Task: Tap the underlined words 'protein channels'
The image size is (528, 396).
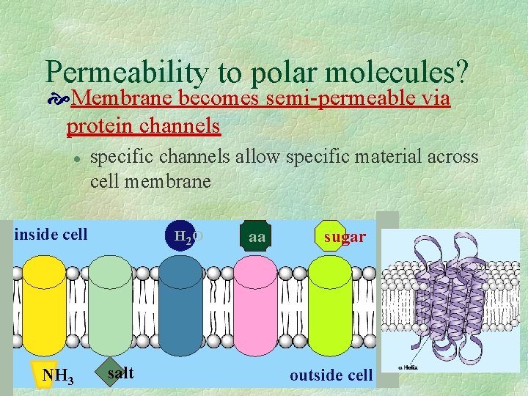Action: point(143,125)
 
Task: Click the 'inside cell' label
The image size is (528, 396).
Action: point(51,235)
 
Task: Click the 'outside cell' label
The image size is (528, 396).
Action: point(331,375)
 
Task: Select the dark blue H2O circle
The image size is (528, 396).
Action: point(179,235)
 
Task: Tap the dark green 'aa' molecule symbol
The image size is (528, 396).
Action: point(256,236)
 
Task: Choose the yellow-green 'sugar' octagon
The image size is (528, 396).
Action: point(334,236)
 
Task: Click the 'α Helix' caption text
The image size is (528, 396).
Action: point(408,367)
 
